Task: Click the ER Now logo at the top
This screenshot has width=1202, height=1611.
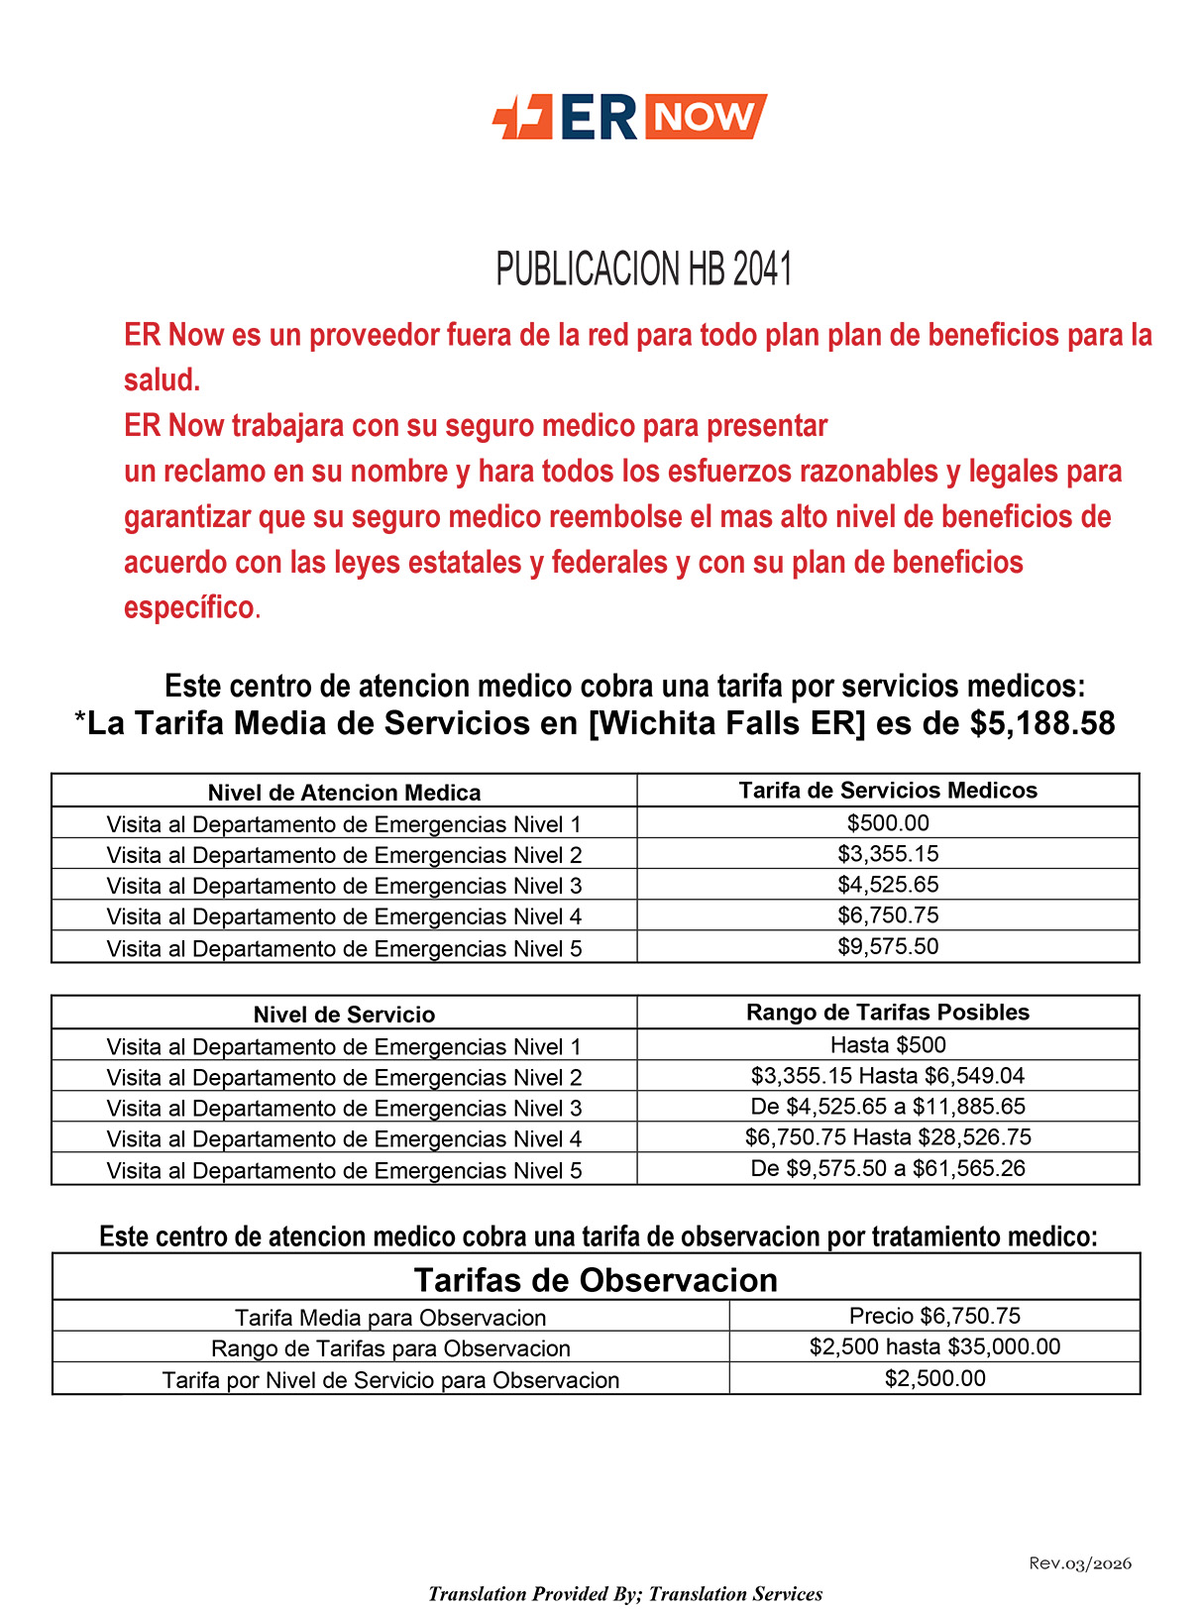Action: coord(629,117)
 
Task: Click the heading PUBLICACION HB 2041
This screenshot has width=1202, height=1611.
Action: coord(644,269)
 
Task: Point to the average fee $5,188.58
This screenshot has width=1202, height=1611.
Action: coord(1042,723)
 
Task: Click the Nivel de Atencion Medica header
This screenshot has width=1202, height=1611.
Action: coord(344,793)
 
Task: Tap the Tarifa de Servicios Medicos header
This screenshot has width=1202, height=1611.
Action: coord(888,791)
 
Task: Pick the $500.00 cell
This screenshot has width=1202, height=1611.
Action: coord(888,823)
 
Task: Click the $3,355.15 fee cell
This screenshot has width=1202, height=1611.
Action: coord(888,854)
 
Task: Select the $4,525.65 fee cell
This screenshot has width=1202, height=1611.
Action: coord(888,885)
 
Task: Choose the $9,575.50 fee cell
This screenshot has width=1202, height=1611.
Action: coord(888,946)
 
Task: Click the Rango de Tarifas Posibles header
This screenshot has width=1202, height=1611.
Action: coord(888,1013)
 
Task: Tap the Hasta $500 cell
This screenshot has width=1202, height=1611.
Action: coord(888,1045)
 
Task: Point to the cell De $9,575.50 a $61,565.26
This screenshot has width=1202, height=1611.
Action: coord(888,1168)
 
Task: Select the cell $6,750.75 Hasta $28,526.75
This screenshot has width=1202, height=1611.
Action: coord(888,1137)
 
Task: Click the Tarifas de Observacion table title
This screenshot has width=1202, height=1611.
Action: coord(596,1280)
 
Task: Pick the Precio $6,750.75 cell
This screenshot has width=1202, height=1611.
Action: coord(934,1316)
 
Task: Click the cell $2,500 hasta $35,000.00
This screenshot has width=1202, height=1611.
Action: coord(934,1347)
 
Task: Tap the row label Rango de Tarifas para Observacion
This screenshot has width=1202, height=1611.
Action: coord(390,1348)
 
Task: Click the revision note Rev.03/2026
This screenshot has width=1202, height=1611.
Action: coord(1080,1563)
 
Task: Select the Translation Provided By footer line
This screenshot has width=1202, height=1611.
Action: coord(625,1593)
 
